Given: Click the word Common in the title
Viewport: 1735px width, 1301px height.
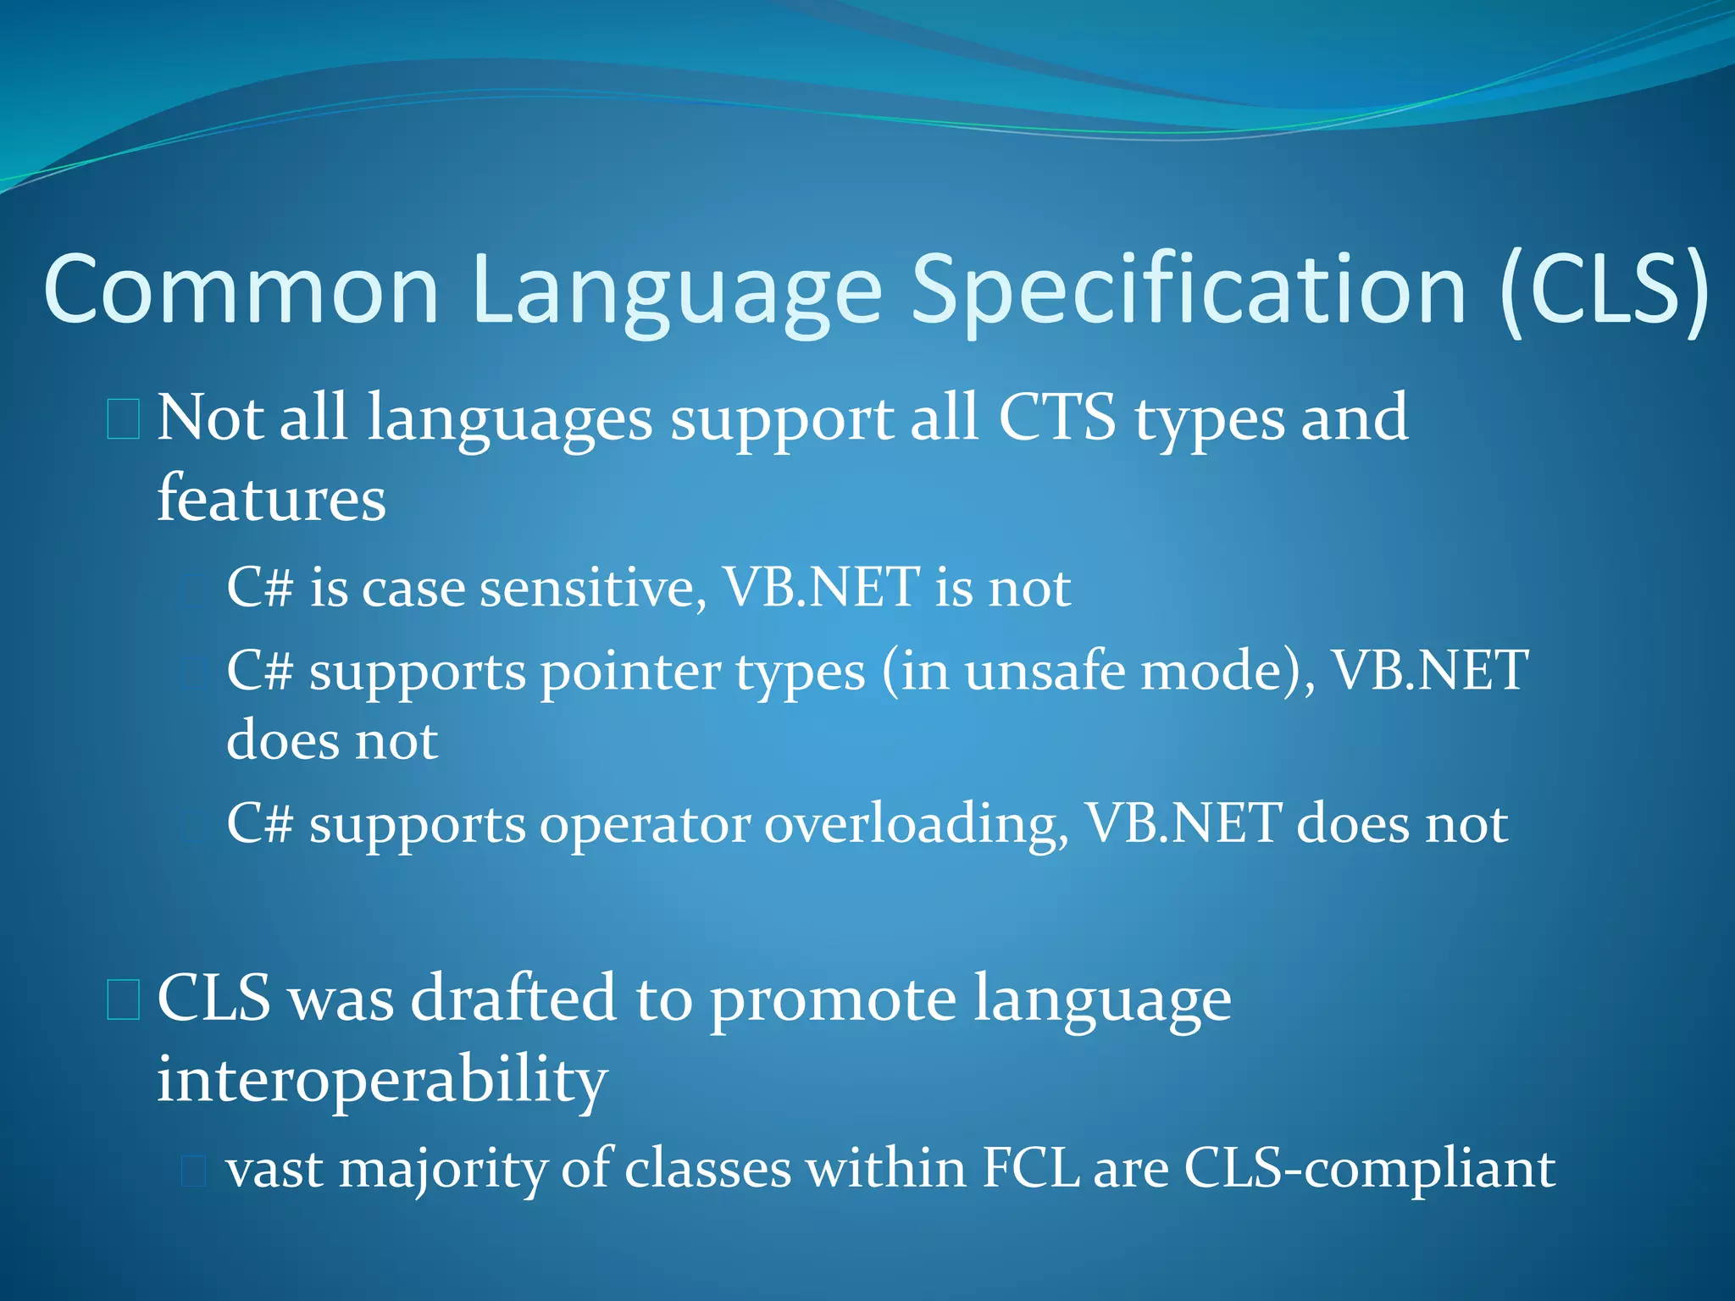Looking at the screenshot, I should click(x=241, y=290).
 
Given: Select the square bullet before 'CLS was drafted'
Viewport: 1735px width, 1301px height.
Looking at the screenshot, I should click(x=124, y=1000).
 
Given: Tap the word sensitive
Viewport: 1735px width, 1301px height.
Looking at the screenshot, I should click(x=593, y=587).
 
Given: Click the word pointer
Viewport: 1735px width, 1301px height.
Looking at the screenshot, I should click(x=630, y=672).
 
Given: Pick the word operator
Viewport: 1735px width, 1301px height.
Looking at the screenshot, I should click(x=645, y=824).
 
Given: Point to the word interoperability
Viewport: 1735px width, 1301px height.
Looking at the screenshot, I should click(x=382, y=1080).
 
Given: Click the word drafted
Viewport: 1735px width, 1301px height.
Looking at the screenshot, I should click(x=513, y=999).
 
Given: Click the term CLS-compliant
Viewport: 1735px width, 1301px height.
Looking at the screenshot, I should click(x=1369, y=1169).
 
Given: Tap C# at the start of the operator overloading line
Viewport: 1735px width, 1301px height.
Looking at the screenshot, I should click(x=259, y=824).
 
